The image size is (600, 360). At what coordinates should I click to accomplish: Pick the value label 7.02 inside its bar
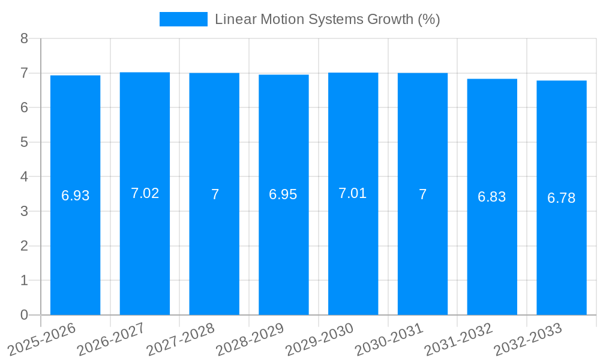coord(145,193)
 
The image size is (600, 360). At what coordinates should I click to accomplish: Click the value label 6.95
coord(283,194)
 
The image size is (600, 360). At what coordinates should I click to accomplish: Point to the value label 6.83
coord(491,197)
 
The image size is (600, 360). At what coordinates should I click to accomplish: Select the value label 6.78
coord(562,198)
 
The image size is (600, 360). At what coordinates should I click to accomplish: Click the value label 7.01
coord(353,193)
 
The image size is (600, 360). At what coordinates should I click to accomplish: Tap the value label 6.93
coord(75,196)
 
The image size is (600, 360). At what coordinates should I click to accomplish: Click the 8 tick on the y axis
coord(24,38)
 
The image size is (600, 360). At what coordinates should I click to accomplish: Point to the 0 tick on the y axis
coord(24,315)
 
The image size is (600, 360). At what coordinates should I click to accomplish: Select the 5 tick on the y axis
coord(24,142)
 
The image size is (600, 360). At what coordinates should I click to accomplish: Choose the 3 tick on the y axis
coord(24,211)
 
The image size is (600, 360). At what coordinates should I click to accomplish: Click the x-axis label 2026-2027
coord(111,339)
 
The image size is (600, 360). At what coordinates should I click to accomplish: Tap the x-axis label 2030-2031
coord(389,339)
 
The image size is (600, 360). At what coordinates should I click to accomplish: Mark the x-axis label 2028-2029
coord(250,339)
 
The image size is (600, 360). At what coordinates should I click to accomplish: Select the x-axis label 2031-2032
coord(458,339)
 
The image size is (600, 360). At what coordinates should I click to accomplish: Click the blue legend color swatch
coord(183,19)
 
